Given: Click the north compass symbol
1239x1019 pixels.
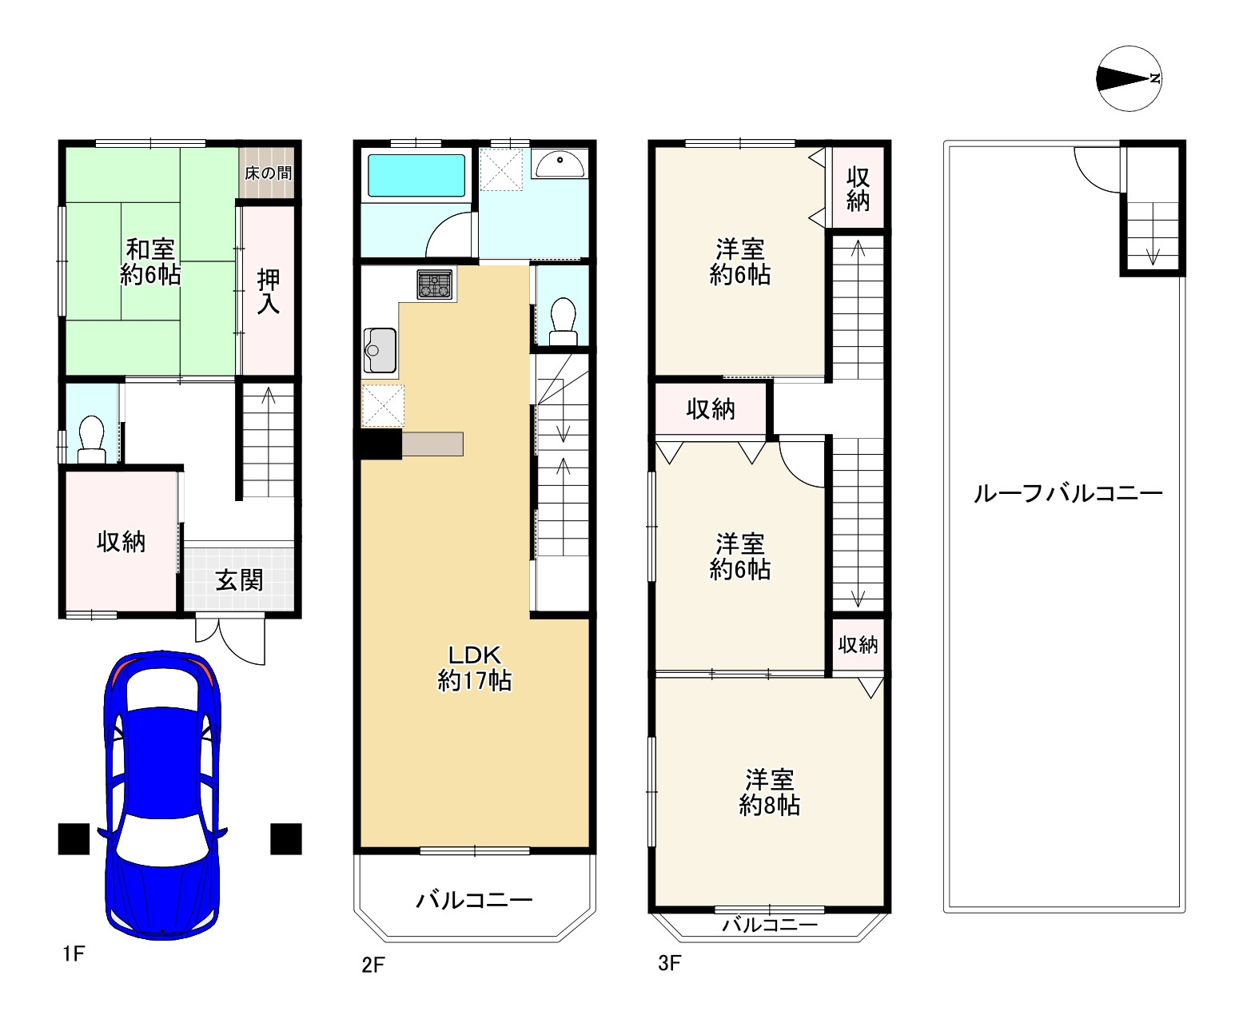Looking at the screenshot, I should (x=1129, y=78).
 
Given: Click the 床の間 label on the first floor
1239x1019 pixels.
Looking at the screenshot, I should (x=268, y=173).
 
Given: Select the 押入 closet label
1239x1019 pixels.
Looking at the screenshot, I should (x=268, y=292).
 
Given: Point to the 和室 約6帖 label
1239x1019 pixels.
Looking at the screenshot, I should (x=150, y=262).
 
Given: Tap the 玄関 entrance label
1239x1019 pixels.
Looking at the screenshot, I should (x=239, y=579).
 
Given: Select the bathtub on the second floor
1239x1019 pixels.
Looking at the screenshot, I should (x=416, y=176).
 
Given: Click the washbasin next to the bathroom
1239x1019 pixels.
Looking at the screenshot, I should (x=560, y=164).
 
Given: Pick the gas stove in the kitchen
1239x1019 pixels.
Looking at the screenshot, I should (x=434, y=285).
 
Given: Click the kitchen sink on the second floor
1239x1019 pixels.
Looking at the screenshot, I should (x=379, y=350).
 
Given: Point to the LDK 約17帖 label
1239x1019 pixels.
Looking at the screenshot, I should (x=474, y=668).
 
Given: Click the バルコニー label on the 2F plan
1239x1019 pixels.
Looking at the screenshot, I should (x=474, y=901).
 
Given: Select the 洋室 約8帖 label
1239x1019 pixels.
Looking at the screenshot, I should (x=769, y=792).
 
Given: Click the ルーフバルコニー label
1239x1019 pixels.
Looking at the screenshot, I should (x=1067, y=493).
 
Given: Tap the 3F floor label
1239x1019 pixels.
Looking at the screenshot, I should (x=669, y=963).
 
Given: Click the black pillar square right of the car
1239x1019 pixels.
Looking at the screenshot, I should (x=285, y=838).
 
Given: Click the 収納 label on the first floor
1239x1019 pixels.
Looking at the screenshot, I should (x=121, y=542).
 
